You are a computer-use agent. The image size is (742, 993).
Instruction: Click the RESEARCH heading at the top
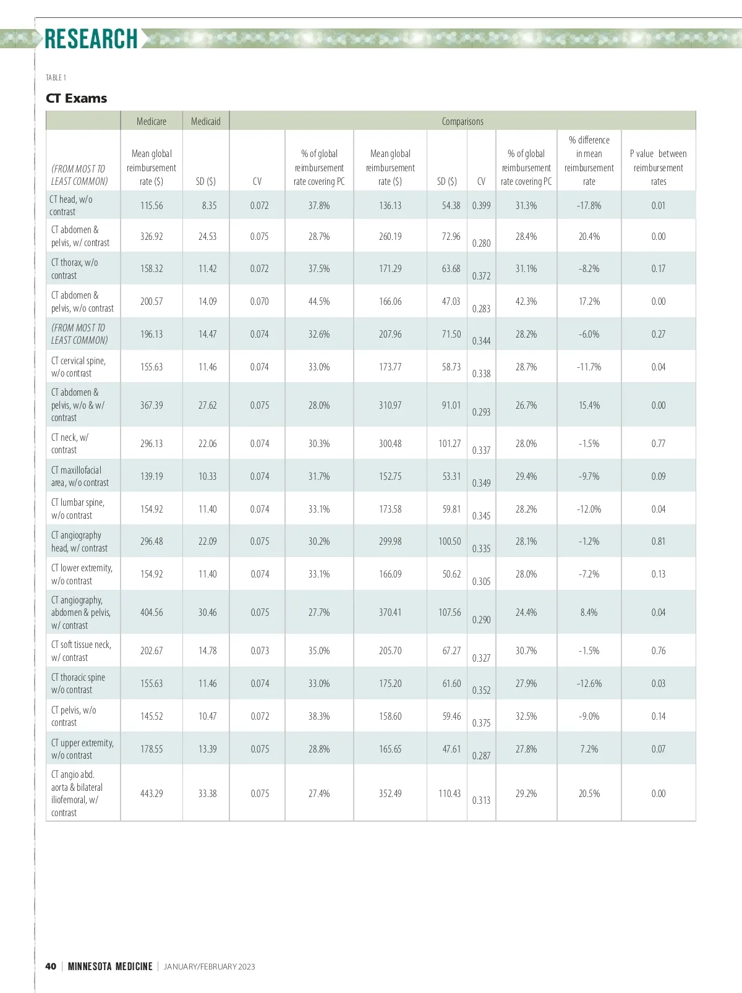[x=91, y=39]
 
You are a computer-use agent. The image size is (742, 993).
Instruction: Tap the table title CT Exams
[x=76, y=98]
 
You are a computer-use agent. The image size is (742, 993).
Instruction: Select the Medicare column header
[x=151, y=121]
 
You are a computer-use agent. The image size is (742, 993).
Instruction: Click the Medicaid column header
[x=205, y=121]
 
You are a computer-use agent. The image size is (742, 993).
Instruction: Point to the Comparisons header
[x=463, y=121]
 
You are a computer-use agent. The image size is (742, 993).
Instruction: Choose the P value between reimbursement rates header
[x=658, y=168]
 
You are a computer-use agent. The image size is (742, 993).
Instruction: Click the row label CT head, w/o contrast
[x=71, y=205]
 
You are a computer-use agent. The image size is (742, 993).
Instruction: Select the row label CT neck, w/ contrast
[x=70, y=443]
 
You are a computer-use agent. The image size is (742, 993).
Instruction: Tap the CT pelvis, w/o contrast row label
[x=74, y=716]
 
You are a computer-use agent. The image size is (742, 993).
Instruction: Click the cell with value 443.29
[x=151, y=793]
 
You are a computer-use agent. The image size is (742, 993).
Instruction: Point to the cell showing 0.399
[x=481, y=205]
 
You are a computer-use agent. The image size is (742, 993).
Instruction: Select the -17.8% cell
[x=589, y=205]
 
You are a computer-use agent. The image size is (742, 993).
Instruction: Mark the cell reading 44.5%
[x=319, y=301]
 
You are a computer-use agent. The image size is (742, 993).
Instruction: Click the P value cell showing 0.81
[x=658, y=541]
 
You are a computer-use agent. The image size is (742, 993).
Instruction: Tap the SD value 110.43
[x=450, y=793]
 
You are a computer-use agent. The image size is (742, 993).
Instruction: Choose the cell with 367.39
[x=151, y=405]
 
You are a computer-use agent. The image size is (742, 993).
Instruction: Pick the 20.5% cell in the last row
[x=589, y=793]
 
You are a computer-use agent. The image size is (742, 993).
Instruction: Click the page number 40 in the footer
[x=51, y=966]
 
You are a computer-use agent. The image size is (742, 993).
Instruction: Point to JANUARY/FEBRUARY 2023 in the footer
[x=209, y=966]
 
